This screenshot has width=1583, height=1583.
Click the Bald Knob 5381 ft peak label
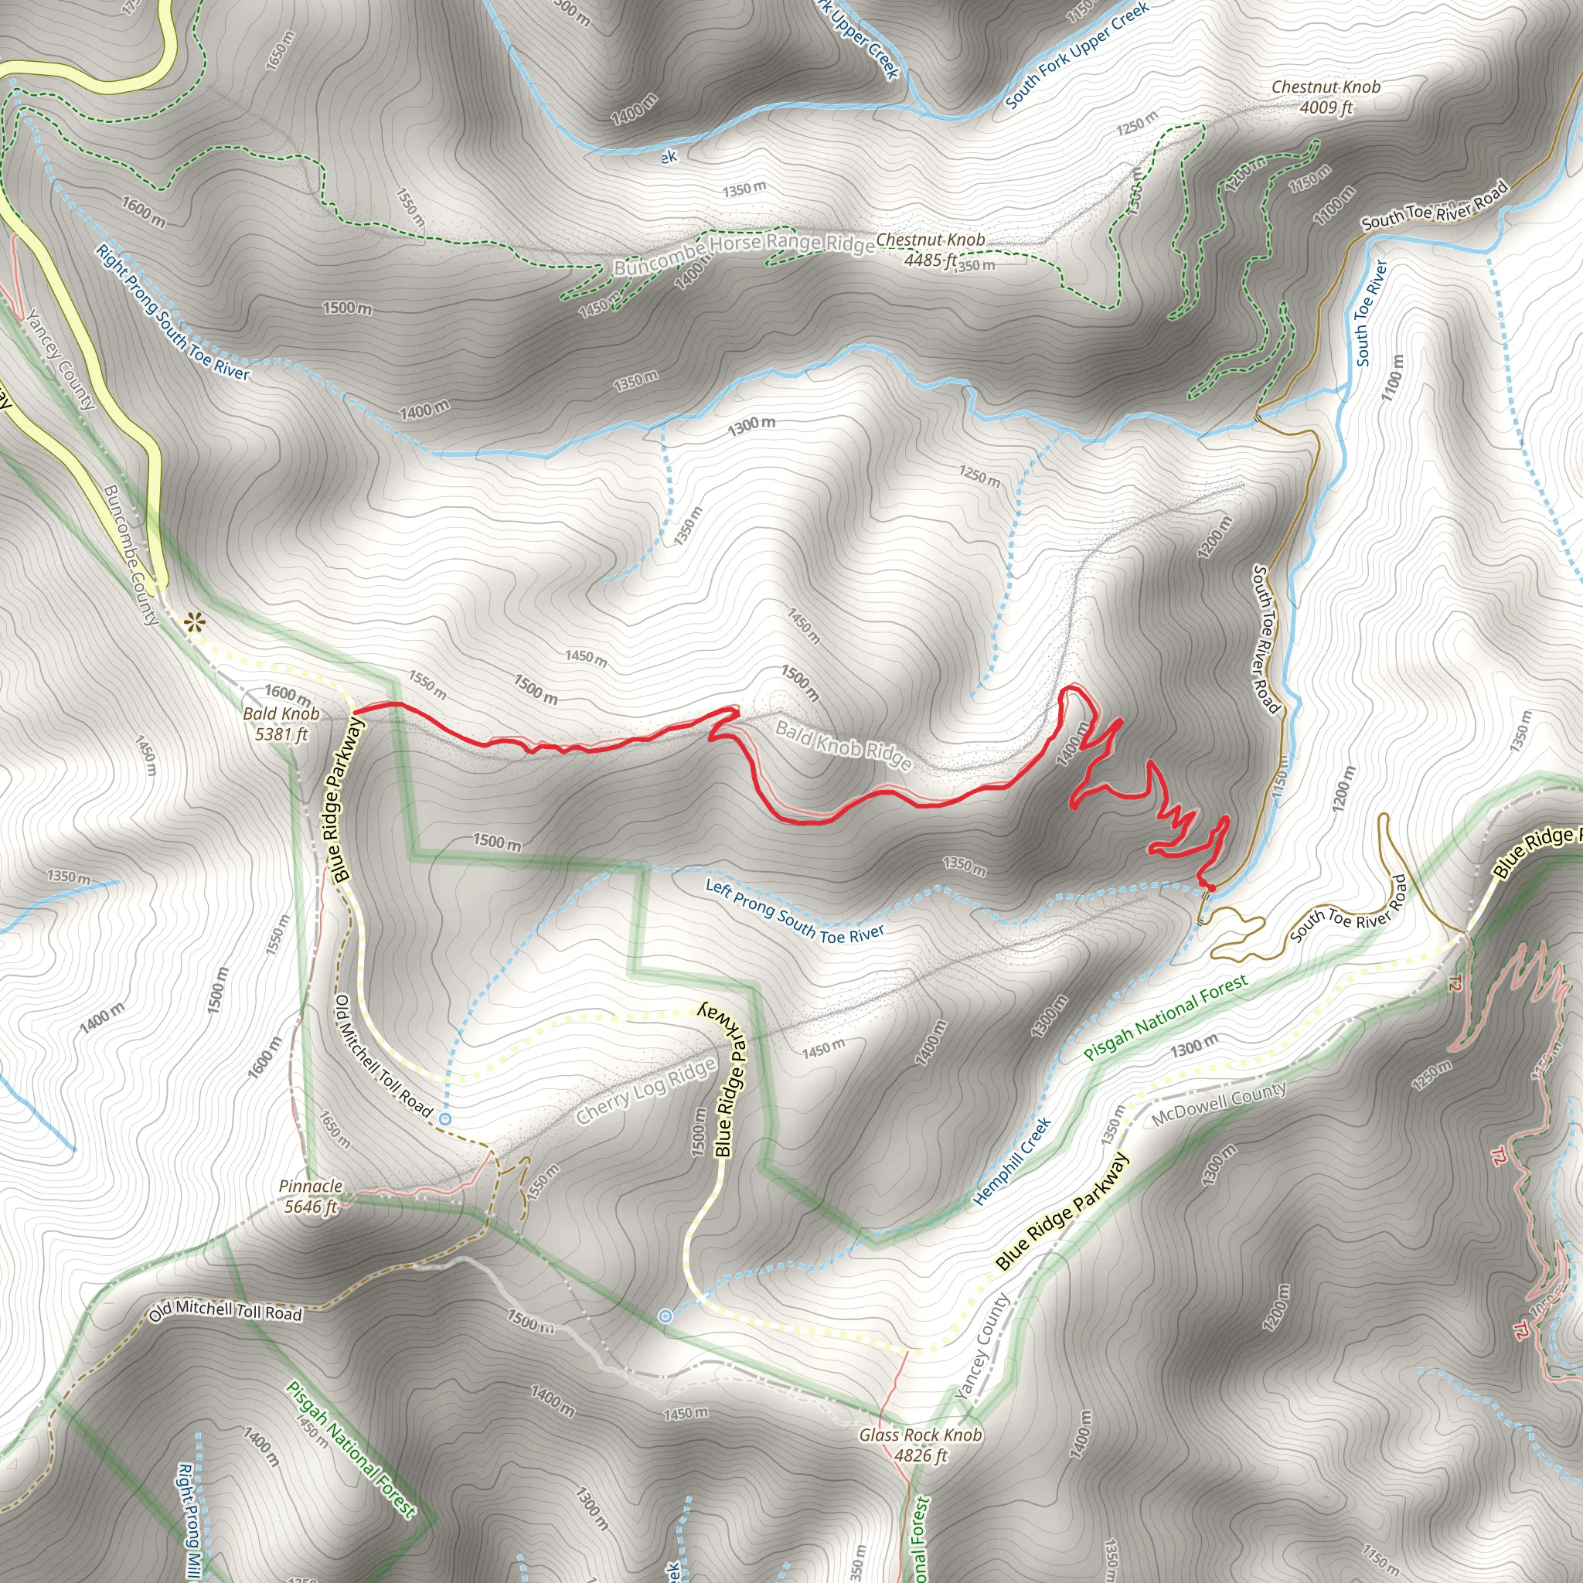pos(281,723)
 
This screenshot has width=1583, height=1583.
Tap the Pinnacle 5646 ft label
pos(310,1196)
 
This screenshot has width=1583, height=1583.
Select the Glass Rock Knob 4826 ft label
pos(920,1445)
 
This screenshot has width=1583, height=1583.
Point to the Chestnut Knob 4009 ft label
pos(1326,97)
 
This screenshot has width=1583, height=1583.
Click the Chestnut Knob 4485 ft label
pos(930,249)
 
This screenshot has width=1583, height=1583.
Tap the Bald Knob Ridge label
pos(843,744)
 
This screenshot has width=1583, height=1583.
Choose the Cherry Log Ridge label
pos(646,1091)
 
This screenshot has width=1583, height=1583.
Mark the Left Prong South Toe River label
pos(795,911)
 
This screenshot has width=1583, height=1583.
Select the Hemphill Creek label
pos(1012,1161)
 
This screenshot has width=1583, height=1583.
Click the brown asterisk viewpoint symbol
pos(194,624)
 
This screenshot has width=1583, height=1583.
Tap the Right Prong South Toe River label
pos(172,313)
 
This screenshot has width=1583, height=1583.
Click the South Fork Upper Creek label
pos(1077,56)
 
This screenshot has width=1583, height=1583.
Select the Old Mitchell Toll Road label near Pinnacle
pos(226,1311)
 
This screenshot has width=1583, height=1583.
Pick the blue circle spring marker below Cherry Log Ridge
pos(446,1118)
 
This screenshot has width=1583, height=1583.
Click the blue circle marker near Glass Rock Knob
pos(666,1316)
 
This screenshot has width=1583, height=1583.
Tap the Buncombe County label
pos(131,555)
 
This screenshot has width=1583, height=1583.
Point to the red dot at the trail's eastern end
pos(1210,887)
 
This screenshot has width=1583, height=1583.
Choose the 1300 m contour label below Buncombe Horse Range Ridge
pos(751,424)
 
